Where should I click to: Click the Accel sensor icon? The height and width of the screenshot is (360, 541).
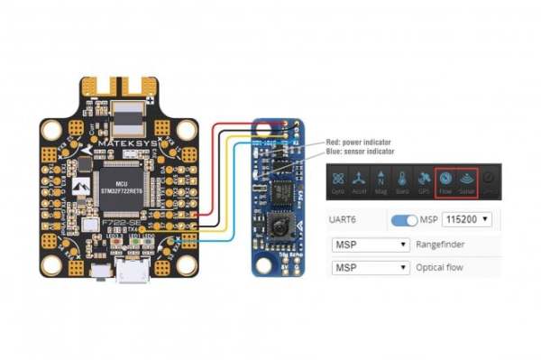(x=360, y=180)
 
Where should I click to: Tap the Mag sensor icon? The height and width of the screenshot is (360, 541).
(x=381, y=180)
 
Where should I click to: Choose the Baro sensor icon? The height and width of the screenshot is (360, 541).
(x=402, y=180)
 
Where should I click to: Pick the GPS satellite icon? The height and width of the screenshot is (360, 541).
(x=423, y=180)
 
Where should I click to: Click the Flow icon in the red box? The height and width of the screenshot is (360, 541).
(x=445, y=180)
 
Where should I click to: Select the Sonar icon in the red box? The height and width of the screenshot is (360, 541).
(x=466, y=180)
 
